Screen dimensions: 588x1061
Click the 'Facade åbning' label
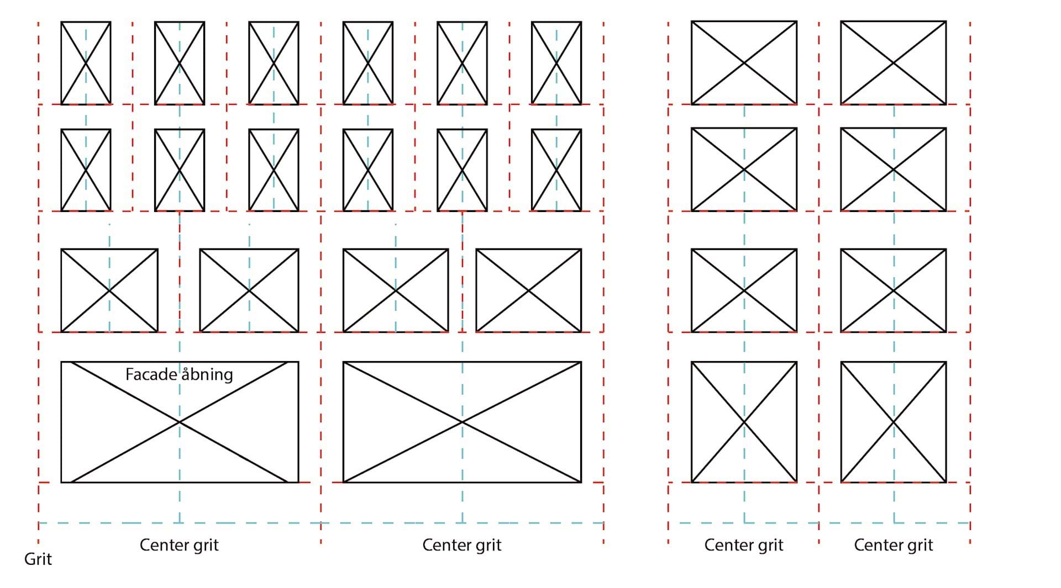179,374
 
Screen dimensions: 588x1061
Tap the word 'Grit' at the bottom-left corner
38,559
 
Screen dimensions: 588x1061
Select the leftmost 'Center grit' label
179,545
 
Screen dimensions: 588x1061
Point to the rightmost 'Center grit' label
893,545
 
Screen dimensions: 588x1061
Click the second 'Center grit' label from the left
461,545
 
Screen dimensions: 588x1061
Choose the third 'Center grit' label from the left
743,545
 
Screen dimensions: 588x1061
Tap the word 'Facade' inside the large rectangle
151,374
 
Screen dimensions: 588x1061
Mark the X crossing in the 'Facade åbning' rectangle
180,422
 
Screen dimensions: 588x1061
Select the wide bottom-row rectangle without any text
462,422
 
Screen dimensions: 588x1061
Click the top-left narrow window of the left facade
86,63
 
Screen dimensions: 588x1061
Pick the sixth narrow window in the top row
556,63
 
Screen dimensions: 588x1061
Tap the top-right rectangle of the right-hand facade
893,63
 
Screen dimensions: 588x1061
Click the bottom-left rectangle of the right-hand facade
744,422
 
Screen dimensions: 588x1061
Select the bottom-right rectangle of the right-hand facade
893,422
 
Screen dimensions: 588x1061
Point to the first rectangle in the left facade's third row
109,290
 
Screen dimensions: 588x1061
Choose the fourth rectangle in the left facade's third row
528,290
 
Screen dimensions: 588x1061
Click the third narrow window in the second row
274,170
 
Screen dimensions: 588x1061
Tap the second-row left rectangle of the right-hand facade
744,169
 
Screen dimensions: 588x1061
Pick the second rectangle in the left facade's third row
249,290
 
